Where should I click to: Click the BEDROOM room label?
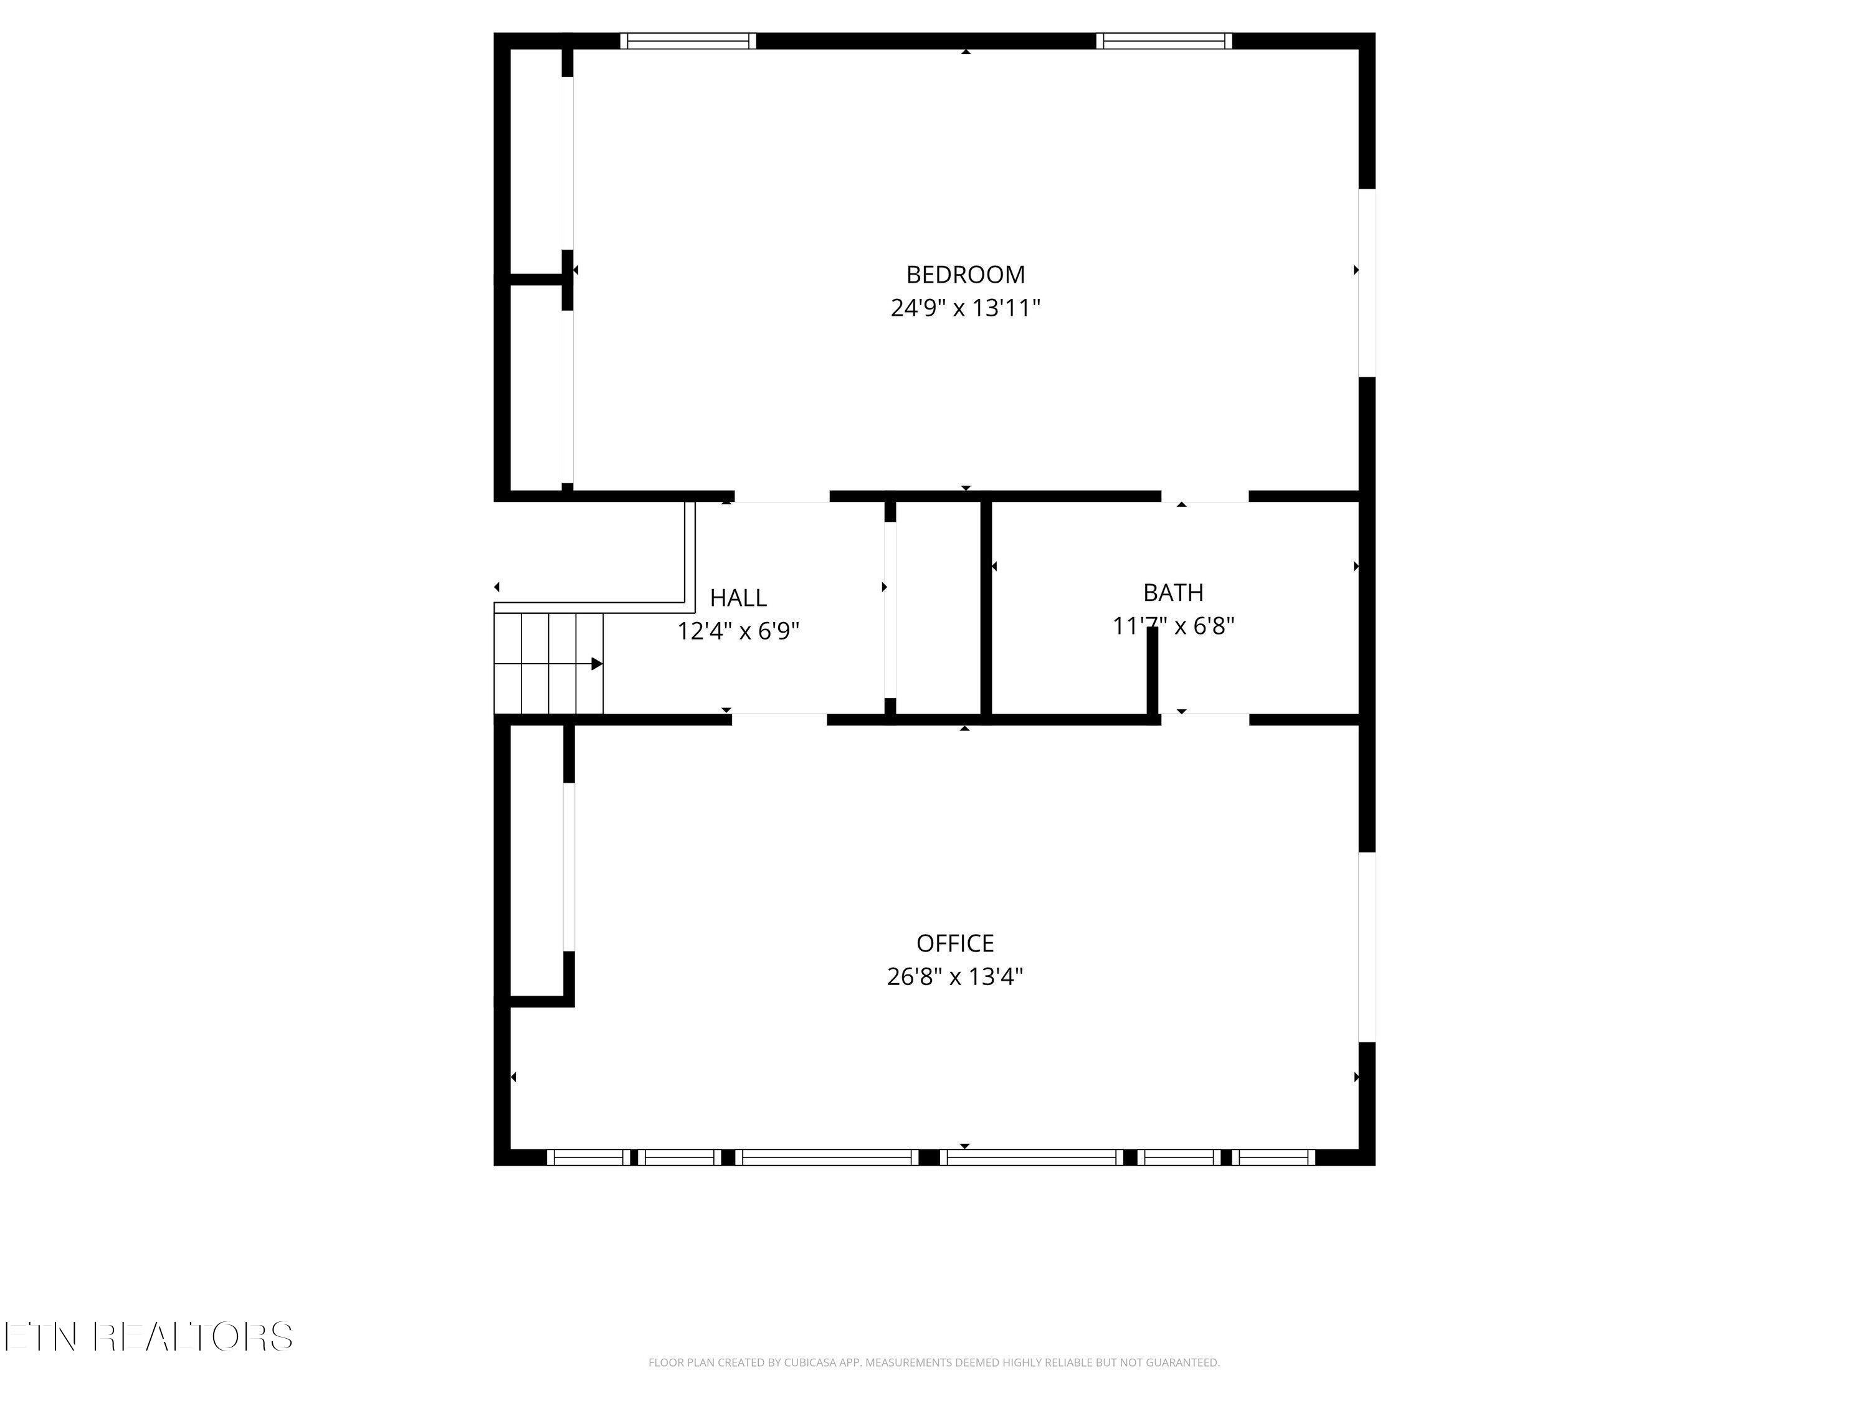pos(965,275)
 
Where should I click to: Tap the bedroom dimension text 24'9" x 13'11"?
pos(965,308)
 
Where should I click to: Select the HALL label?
pos(738,598)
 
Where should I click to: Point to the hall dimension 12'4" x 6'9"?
pos(738,631)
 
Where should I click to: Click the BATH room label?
pos(1172,593)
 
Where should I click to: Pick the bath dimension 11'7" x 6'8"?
pos(1172,626)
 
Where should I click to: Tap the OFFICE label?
pos(955,943)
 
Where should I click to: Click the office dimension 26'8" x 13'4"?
pos(955,977)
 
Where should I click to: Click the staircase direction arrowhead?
pos(597,664)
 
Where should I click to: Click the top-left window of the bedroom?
pos(688,40)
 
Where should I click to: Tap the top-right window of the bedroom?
pos(1164,40)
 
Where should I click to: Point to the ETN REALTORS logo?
pos(149,1337)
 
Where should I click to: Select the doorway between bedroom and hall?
pos(782,496)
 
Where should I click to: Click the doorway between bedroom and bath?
pos(1204,496)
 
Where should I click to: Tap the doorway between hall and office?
pos(778,720)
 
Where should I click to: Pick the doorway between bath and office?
pos(1204,720)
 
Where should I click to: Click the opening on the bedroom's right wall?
pos(1366,282)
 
